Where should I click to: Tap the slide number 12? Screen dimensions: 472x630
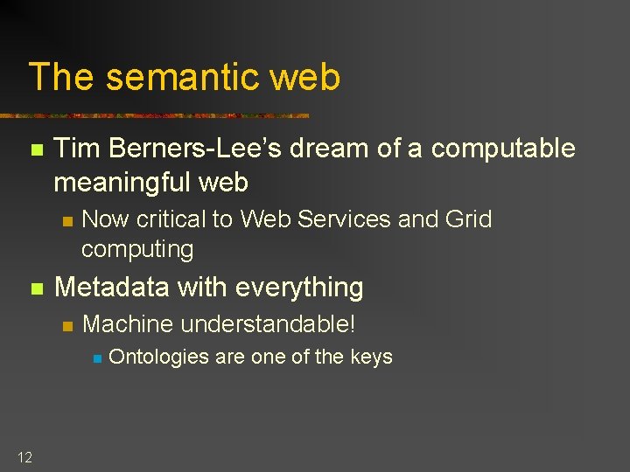pos(24,456)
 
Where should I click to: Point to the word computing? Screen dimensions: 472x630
pos(137,249)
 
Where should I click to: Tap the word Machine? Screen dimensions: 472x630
pos(128,324)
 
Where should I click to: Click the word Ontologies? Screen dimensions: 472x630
pos(159,357)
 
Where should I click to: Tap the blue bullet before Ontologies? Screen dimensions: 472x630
pos(98,357)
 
